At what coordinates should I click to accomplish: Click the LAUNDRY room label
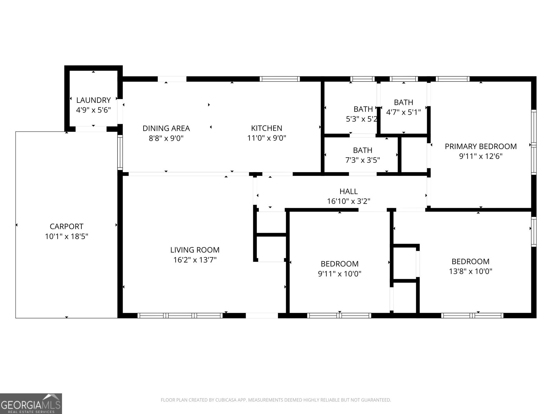[93, 100]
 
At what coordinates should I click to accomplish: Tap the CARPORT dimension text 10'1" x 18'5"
[67, 237]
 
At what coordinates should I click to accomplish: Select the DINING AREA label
[166, 128]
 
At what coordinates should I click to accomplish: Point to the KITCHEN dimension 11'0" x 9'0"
[267, 138]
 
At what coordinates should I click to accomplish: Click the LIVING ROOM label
[195, 250]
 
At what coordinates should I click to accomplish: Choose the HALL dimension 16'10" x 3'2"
[348, 201]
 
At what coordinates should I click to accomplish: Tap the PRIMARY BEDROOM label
[481, 146]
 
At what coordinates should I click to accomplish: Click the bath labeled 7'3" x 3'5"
[363, 155]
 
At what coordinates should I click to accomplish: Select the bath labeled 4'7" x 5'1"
[403, 107]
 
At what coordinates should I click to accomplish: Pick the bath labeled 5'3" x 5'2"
[363, 114]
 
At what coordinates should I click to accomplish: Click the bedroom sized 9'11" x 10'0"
[339, 268]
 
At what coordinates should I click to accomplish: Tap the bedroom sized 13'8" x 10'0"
[470, 266]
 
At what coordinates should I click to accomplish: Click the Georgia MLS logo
[31, 403]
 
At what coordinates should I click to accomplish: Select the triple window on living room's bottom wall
[180, 315]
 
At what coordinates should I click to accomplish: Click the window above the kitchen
[279, 79]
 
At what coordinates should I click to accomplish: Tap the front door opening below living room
[262, 315]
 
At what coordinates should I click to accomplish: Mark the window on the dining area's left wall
[120, 152]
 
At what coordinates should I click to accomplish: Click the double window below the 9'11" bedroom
[339, 315]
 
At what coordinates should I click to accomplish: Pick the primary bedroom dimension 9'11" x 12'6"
[481, 156]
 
